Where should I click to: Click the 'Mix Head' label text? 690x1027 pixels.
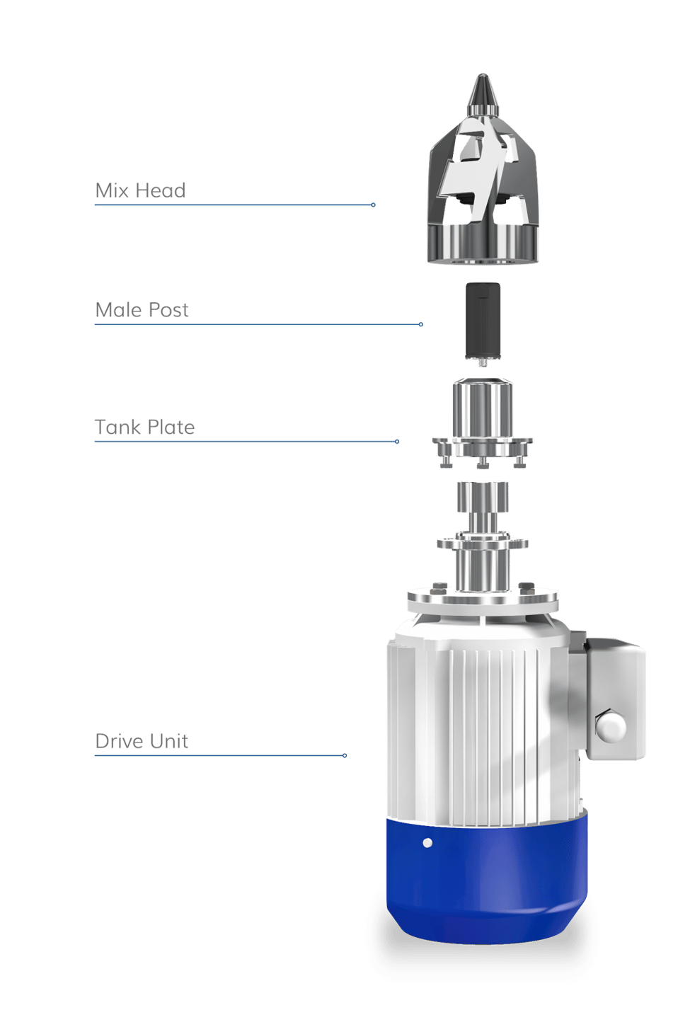click(x=140, y=190)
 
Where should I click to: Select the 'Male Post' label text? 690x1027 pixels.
click(x=142, y=309)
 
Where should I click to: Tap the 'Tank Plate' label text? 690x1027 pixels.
click(x=144, y=427)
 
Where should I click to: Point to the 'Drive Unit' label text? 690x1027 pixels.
click(x=142, y=741)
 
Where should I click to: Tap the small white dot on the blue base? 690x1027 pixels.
click(x=427, y=843)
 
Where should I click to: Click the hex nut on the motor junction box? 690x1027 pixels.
click(x=610, y=726)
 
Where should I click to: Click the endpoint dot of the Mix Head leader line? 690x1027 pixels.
click(x=373, y=205)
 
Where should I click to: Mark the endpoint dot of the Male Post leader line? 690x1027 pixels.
click(x=421, y=324)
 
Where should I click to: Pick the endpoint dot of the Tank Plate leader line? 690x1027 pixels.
click(x=397, y=442)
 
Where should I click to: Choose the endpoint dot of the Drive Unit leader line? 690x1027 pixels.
click(x=345, y=756)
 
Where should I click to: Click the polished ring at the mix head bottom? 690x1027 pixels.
click(x=483, y=245)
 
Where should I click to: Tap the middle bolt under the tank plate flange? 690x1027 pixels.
click(x=483, y=464)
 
